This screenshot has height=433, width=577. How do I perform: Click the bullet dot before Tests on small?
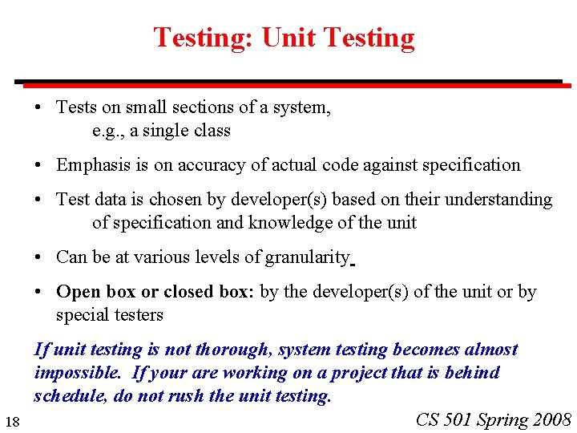click(x=39, y=107)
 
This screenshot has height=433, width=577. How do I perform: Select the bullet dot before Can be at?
click(x=39, y=258)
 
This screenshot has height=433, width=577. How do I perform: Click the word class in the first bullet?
click(x=212, y=131)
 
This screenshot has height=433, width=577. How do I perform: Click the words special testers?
click(x=110, y=315)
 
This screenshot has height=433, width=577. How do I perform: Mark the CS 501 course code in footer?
click(x=444, y=419)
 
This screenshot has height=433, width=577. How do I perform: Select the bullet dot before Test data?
click(x=39, y=200)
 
